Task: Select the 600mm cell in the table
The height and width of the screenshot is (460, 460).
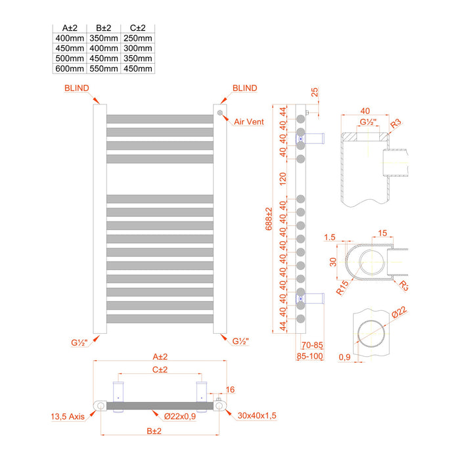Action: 70,68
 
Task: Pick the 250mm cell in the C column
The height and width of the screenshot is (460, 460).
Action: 137,39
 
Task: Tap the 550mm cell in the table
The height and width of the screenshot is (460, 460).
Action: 103,68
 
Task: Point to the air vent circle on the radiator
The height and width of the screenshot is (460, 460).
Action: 219,112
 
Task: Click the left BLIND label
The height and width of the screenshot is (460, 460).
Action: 77,88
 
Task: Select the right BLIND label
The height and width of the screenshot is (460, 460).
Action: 244,88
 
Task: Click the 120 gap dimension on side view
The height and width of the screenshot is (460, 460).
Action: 283,179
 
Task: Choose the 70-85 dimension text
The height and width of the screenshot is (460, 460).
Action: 312,344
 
